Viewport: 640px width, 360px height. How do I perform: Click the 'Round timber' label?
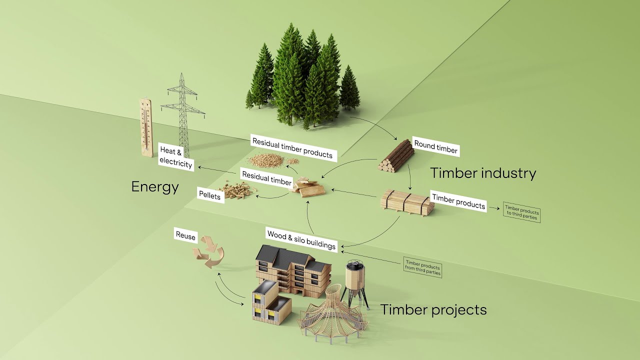(435, 147)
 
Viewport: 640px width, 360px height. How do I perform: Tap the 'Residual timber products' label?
(292, 148)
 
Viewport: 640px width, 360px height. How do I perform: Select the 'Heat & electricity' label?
(175, 157)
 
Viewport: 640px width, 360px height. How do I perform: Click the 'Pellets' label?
(209, 194)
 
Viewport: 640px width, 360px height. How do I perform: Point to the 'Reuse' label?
(185, 236)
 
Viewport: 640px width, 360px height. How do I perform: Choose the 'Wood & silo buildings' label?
(301, 239)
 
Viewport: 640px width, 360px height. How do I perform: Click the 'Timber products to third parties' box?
(521, 212)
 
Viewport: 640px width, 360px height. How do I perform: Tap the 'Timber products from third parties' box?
(422, 267)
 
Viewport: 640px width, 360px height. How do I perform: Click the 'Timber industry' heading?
(483, 173)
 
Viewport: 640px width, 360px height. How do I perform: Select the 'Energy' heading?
(155, 187)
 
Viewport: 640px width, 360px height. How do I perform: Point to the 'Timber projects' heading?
(433, 309)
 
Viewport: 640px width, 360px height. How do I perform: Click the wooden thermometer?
(145, 127)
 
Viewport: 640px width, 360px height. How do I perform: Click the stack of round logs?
(396, 156)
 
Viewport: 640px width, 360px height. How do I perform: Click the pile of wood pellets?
(238, 190)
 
